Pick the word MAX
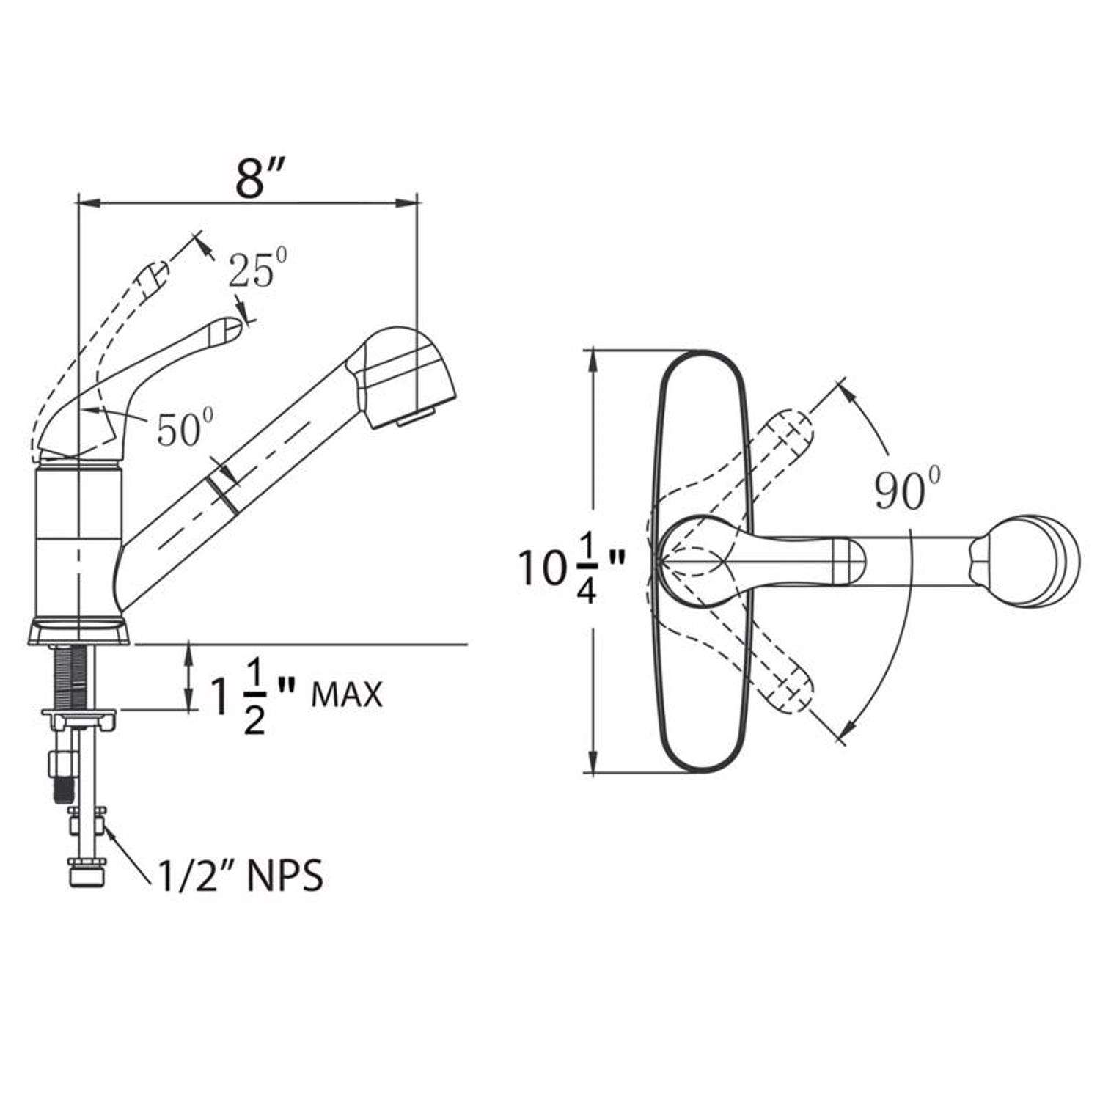click(x=347, y=694)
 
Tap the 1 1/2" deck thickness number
click(x=238, y=694)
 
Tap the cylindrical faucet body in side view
click(x=77, y=543)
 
